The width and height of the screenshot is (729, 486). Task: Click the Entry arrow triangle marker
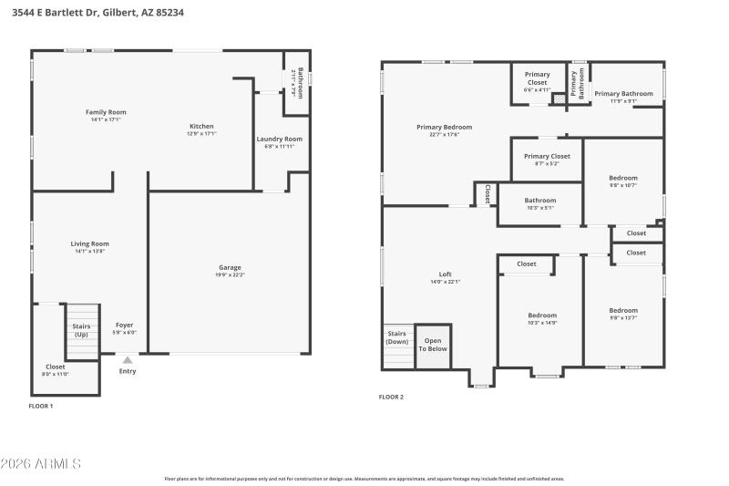coord(127,360)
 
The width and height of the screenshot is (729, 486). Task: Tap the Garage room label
coord(230,266)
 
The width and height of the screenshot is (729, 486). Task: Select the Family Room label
coord(105,112)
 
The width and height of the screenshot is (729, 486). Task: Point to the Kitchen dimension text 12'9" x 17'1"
coord(200,134)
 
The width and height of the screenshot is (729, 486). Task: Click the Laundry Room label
coord(279,139)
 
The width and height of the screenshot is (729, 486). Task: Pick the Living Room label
coord(90,243)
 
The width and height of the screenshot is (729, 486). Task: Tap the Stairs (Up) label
coord(81,329)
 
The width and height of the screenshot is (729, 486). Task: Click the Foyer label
coord(124,325)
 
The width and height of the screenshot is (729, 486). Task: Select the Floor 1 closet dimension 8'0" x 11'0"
coord(56,374)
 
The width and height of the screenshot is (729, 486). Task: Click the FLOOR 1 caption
coord(41,405)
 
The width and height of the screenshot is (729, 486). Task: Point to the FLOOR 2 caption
coord(391,397)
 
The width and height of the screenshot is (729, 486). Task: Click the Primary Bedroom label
coord(444,127)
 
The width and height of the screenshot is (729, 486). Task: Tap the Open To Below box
coord(433,345)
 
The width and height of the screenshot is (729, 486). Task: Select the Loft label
coord(445,274)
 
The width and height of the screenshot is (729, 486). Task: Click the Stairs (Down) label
coord(397,337)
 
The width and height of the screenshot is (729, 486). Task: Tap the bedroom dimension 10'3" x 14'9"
coord(541,323)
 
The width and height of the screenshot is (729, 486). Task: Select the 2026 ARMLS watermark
coord(42,464)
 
